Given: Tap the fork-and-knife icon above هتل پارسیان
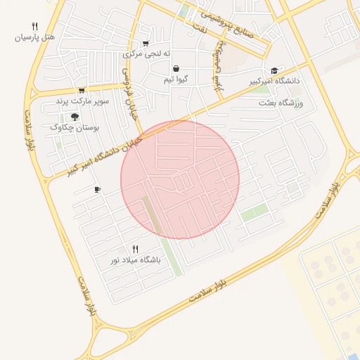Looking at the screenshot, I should (34, 26).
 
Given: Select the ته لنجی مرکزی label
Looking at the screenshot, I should (142, 53).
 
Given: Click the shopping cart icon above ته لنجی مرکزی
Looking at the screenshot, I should (146, 43).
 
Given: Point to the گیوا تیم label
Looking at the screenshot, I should (174, 79).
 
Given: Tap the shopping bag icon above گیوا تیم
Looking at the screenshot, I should (175, 68).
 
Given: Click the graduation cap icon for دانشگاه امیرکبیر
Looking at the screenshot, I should (274, 70).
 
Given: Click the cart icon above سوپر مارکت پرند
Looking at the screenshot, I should (82, 90).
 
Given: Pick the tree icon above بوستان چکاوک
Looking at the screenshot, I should (75, 116).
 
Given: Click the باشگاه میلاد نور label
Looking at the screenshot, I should (135, 260).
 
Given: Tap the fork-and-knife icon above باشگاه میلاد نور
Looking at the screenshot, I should (136, 249).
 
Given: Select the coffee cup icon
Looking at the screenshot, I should (97, 189).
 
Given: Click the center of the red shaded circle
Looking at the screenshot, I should (180, 180).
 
